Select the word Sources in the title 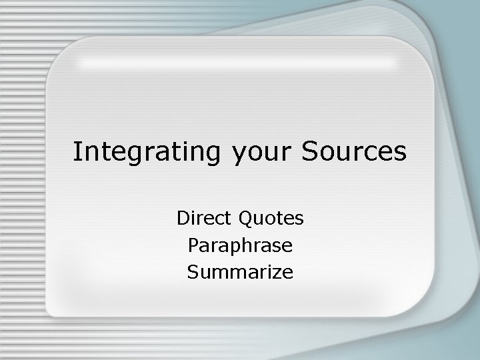(354, 152)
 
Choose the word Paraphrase (240, 246)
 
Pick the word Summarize (240, 272)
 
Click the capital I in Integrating (77, 152)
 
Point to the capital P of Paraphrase (193, 245)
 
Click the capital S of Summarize (193, 272)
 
